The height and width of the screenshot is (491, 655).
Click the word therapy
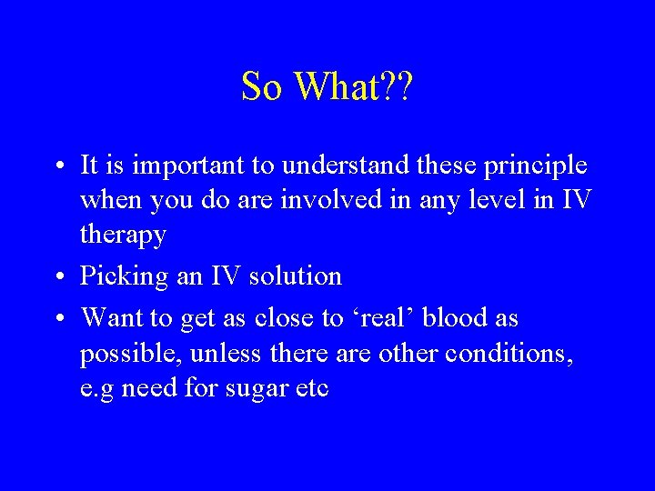pos(124,235)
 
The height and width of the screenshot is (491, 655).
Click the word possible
pos(126,354)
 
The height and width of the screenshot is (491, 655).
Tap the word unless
pos(219,354)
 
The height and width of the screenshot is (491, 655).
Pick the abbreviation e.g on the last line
pos(97,389)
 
